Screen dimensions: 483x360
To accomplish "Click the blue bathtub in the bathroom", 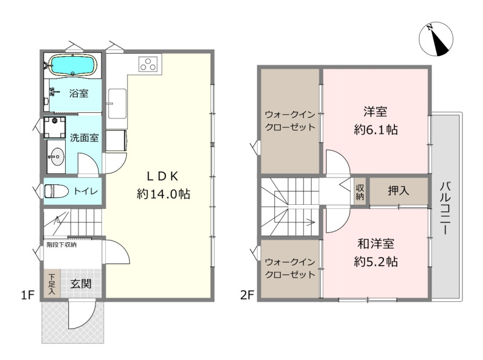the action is (73, 65).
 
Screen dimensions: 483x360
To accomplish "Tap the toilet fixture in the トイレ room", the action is (56, 191).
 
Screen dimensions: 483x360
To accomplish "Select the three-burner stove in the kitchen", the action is (150, 65).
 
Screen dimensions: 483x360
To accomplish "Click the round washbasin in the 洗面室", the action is (57, 156).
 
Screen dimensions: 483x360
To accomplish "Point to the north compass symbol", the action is (436, 39).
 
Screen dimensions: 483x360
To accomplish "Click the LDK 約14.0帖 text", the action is (163, 185).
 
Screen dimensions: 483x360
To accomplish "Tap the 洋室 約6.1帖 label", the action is (376, 121).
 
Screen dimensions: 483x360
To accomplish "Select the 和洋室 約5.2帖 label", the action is (376, 252).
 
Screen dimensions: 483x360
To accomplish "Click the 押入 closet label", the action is (398, 191).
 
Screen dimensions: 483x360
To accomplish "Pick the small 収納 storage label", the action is (360, 192).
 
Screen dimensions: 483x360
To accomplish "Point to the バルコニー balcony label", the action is (446, 208).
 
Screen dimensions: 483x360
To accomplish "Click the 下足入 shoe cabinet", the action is (52, 283).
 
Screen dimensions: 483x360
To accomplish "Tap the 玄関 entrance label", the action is (81, 284).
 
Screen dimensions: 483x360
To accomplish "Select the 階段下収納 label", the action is (62, 245).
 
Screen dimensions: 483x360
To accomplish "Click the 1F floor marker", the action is (27, 295).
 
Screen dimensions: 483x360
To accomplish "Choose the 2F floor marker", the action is (247, 295).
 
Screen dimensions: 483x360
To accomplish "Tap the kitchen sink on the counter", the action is (117, 104).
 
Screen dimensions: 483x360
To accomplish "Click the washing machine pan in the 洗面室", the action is (54, 127).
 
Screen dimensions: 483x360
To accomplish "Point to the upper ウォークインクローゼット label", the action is (290, 121).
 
